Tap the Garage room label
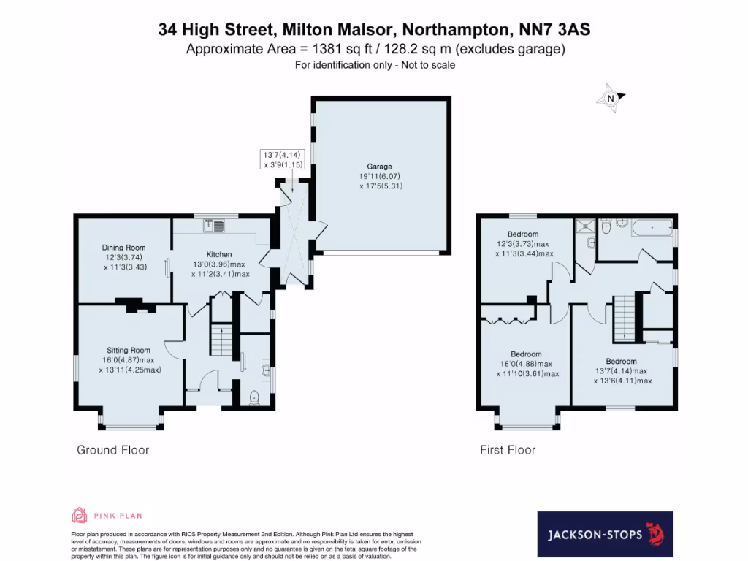pos(380,167)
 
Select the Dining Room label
pos(123,248)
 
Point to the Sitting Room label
pos(129,351)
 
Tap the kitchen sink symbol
pos(214,226)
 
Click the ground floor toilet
pos(254,397)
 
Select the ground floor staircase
pos(221,340)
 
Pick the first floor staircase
pos(622,317)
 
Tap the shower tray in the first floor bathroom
pos(585,226)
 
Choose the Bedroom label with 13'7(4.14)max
pos(621,361)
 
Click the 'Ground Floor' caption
pos(113,450)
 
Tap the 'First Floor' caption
pos(508,450)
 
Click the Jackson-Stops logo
pos(604,535)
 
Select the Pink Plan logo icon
pos(79,516)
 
